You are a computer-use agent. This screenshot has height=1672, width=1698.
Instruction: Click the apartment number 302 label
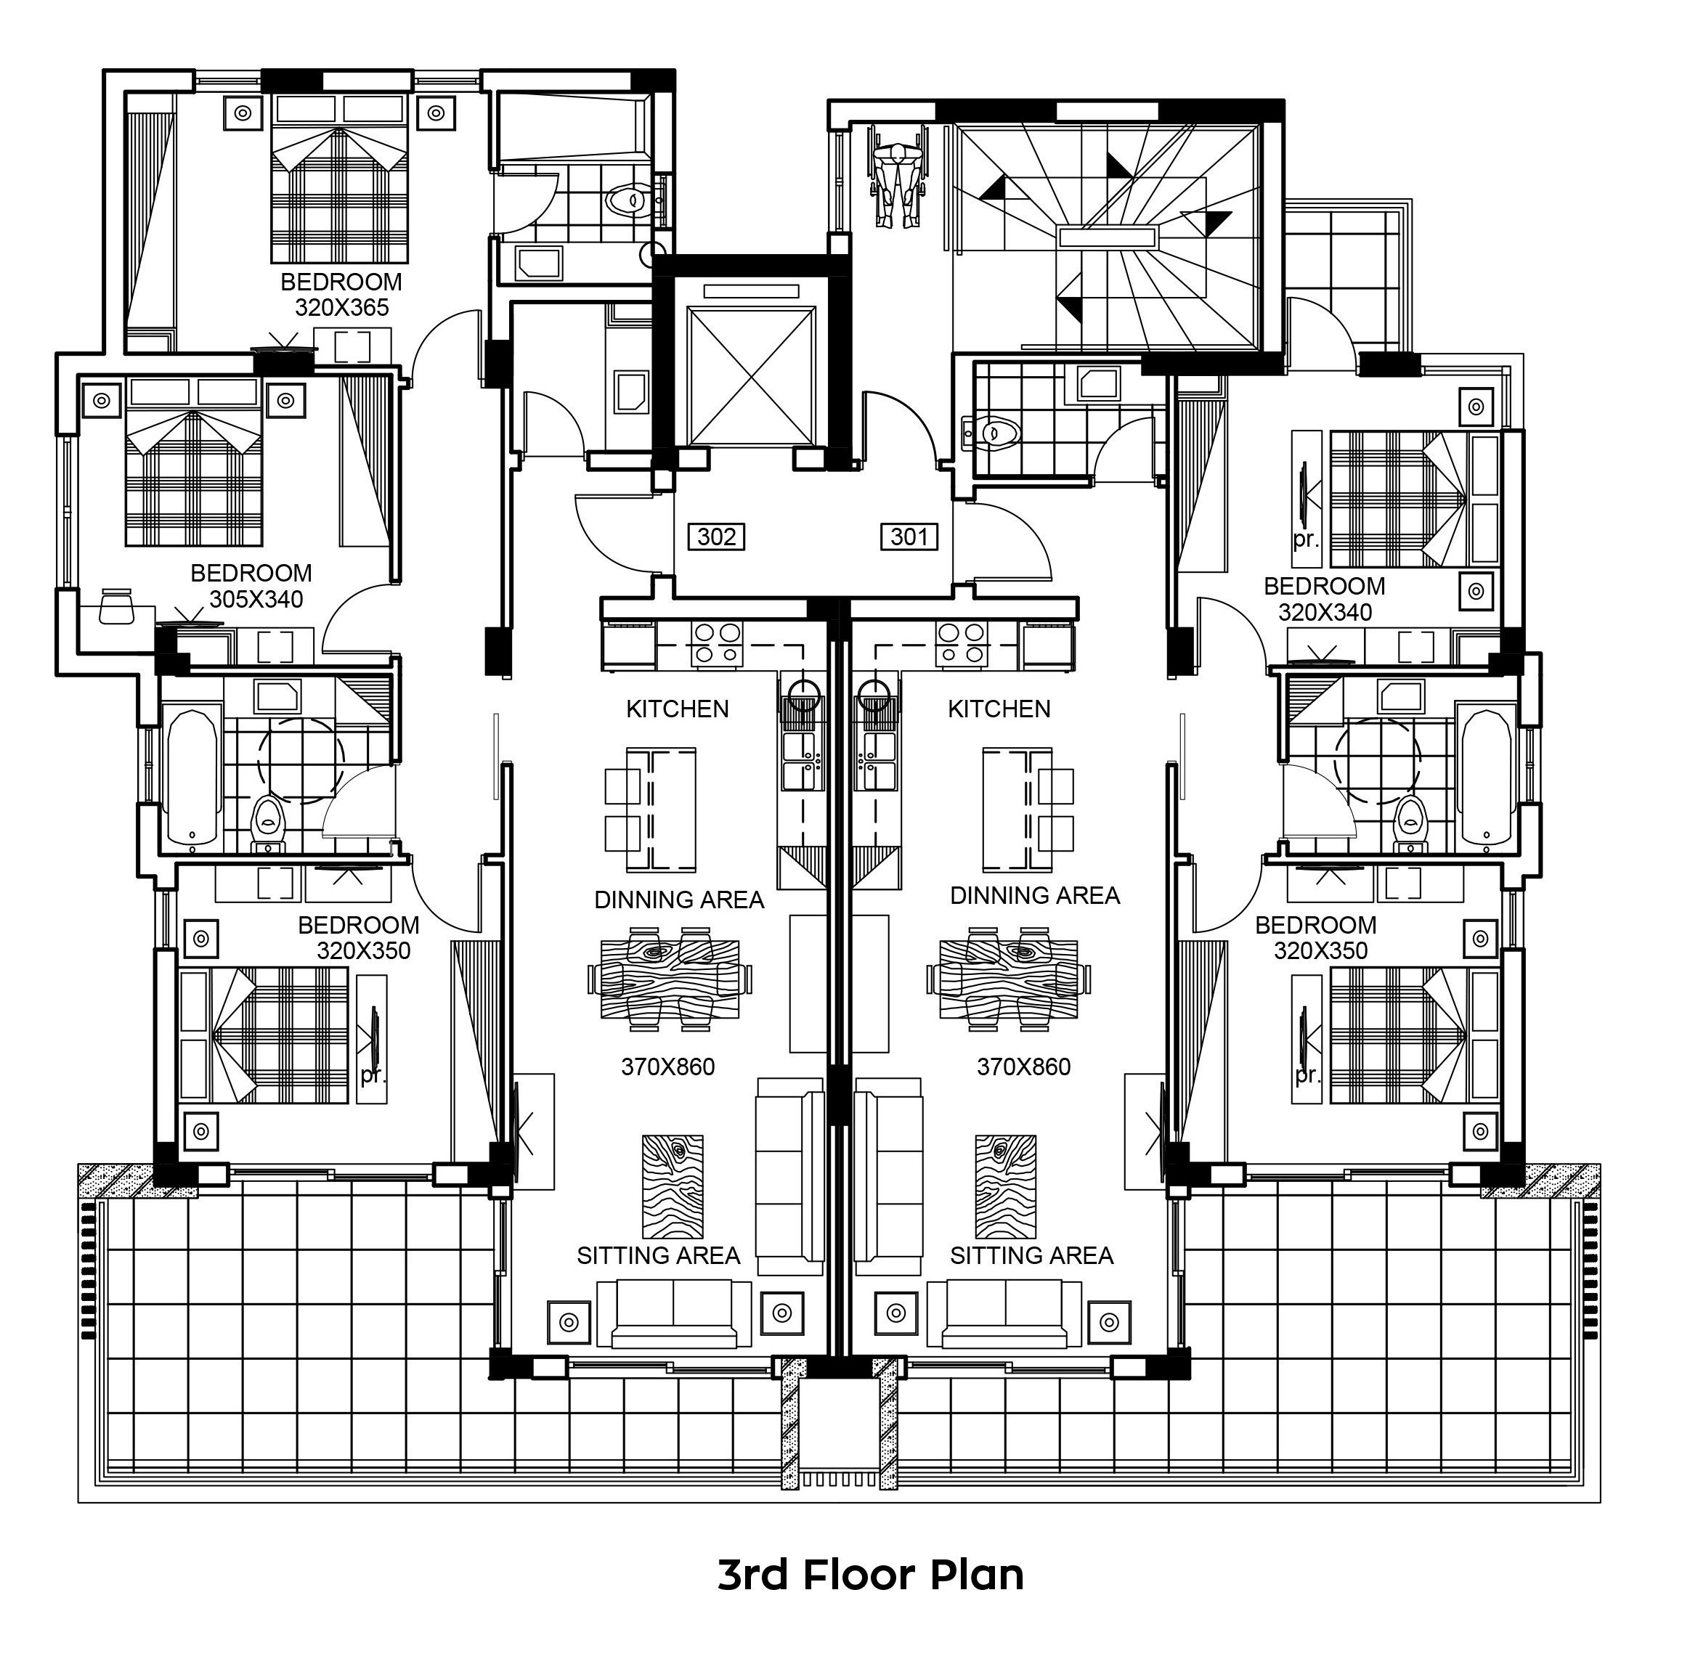tap(716, 537)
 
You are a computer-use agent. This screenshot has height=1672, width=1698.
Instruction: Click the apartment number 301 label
tap(909, 537)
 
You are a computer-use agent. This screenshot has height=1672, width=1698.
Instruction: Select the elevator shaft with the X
tap(750, 376)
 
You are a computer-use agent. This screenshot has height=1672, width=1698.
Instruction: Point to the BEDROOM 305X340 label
tap(251, 586)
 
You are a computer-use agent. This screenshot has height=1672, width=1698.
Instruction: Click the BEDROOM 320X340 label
tap(1325, 599)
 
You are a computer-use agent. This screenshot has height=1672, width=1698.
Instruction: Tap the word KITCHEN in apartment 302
tap(678, 709)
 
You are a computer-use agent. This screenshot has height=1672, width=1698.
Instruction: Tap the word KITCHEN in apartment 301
tap(999, 709)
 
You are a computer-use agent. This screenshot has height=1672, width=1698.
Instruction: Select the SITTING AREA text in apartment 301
tap(1031, 1256)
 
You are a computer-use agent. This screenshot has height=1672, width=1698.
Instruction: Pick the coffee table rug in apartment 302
tap(673, 1186)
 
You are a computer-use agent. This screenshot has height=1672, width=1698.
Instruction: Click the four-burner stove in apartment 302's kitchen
tap(717, 644)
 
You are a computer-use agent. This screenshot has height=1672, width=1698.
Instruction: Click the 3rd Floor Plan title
tap(871, 1575)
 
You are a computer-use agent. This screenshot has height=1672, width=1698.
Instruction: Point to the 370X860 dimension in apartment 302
tap(667, 1067)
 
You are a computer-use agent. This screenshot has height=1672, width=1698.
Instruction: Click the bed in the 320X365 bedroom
tap(339, 179)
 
